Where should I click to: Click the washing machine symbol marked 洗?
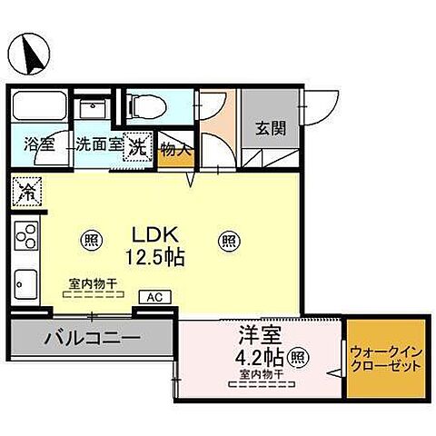pos(139,144)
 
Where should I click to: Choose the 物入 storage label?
pos(175,150)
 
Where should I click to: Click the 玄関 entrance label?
pos(270,128)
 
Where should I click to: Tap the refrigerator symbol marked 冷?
pos(26,193)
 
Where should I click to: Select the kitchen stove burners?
pos(26,236)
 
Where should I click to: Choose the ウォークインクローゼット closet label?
pos(385,359)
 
